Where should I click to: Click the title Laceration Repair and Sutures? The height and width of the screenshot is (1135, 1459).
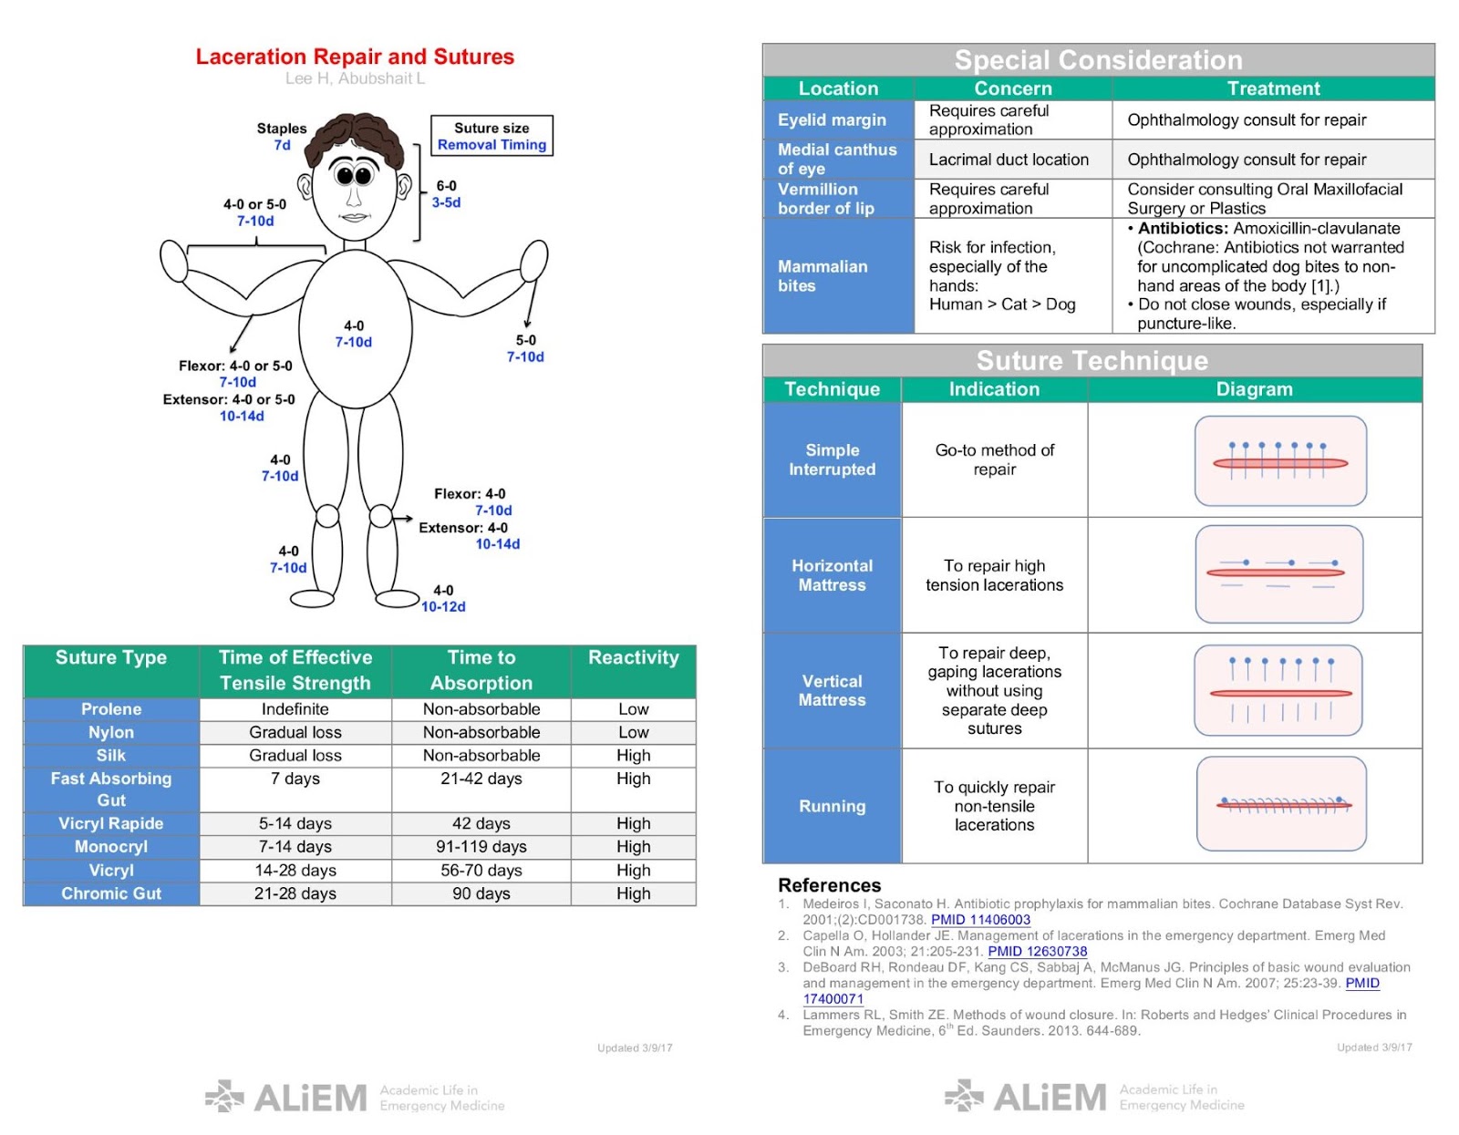[x=355, y=57]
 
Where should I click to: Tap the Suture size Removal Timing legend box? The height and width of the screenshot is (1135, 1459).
[x=492, y=136]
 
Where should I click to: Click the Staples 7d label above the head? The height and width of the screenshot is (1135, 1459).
[x=282, y=137]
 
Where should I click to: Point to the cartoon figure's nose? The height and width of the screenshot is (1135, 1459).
[x=354, y=196]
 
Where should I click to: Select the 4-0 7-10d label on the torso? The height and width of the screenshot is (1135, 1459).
[x=354, y=334]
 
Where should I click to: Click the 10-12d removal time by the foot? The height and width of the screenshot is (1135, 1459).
[x=443, y=607]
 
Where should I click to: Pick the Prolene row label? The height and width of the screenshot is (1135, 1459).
[x=111, y=709]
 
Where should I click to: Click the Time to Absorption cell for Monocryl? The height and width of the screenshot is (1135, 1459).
[x=481, y=847]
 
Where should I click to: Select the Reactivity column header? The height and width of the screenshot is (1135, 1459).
[x=633, y=658]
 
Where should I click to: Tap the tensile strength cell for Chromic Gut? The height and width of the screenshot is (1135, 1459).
[x=295, y=893]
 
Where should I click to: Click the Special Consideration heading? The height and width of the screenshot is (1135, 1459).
[x=1098, y=60]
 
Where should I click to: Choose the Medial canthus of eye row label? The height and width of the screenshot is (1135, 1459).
[x=837, y=159]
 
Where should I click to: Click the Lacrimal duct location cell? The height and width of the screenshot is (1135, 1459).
[x=1009, y=160]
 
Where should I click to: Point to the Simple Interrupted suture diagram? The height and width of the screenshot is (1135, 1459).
[x=1280, y=461]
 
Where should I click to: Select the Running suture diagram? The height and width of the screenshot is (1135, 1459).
[x=1281, y=803]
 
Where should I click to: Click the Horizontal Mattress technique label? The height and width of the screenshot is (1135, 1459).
[x=832, y=575]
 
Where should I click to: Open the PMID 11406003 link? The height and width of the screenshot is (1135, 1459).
[x=980, y=920]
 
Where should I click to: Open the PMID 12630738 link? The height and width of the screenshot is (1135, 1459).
[x=1037, y=952]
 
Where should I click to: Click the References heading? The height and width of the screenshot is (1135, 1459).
[x=829, y=885]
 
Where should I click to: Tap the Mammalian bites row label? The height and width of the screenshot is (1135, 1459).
[x=823, y=275]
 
